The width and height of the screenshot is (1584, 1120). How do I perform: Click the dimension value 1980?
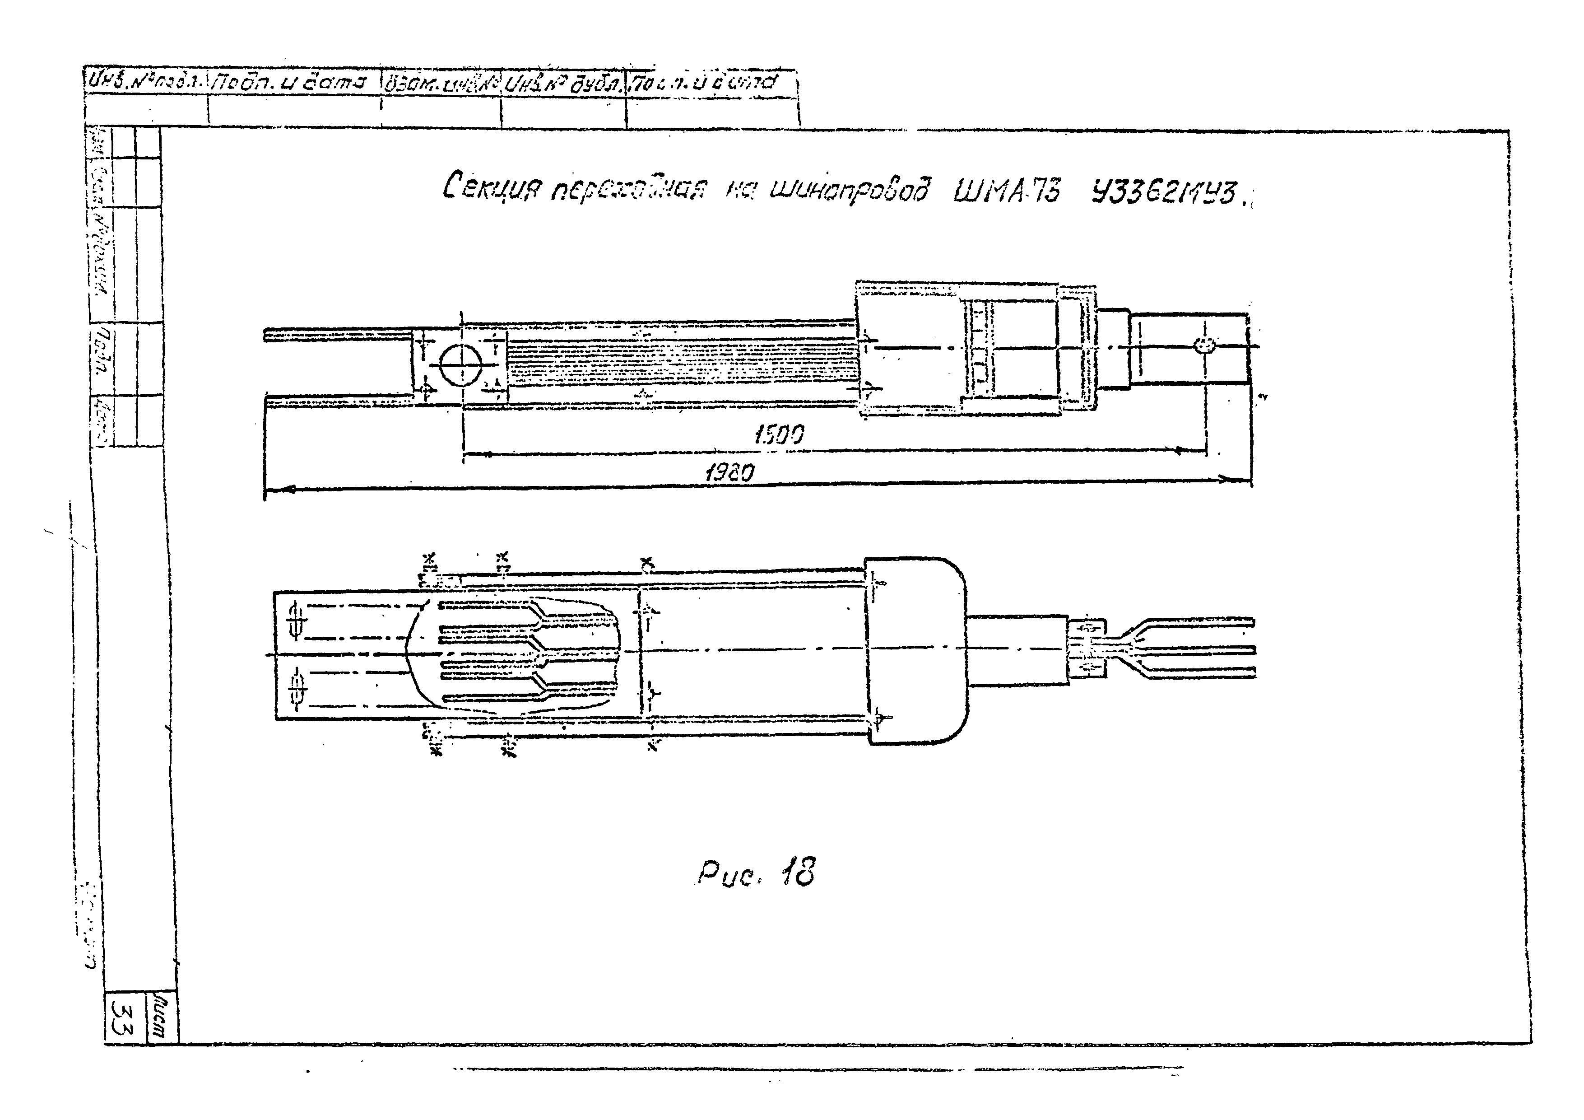tap(730, 473)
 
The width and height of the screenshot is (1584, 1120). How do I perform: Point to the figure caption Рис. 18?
tap(755, 874)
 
